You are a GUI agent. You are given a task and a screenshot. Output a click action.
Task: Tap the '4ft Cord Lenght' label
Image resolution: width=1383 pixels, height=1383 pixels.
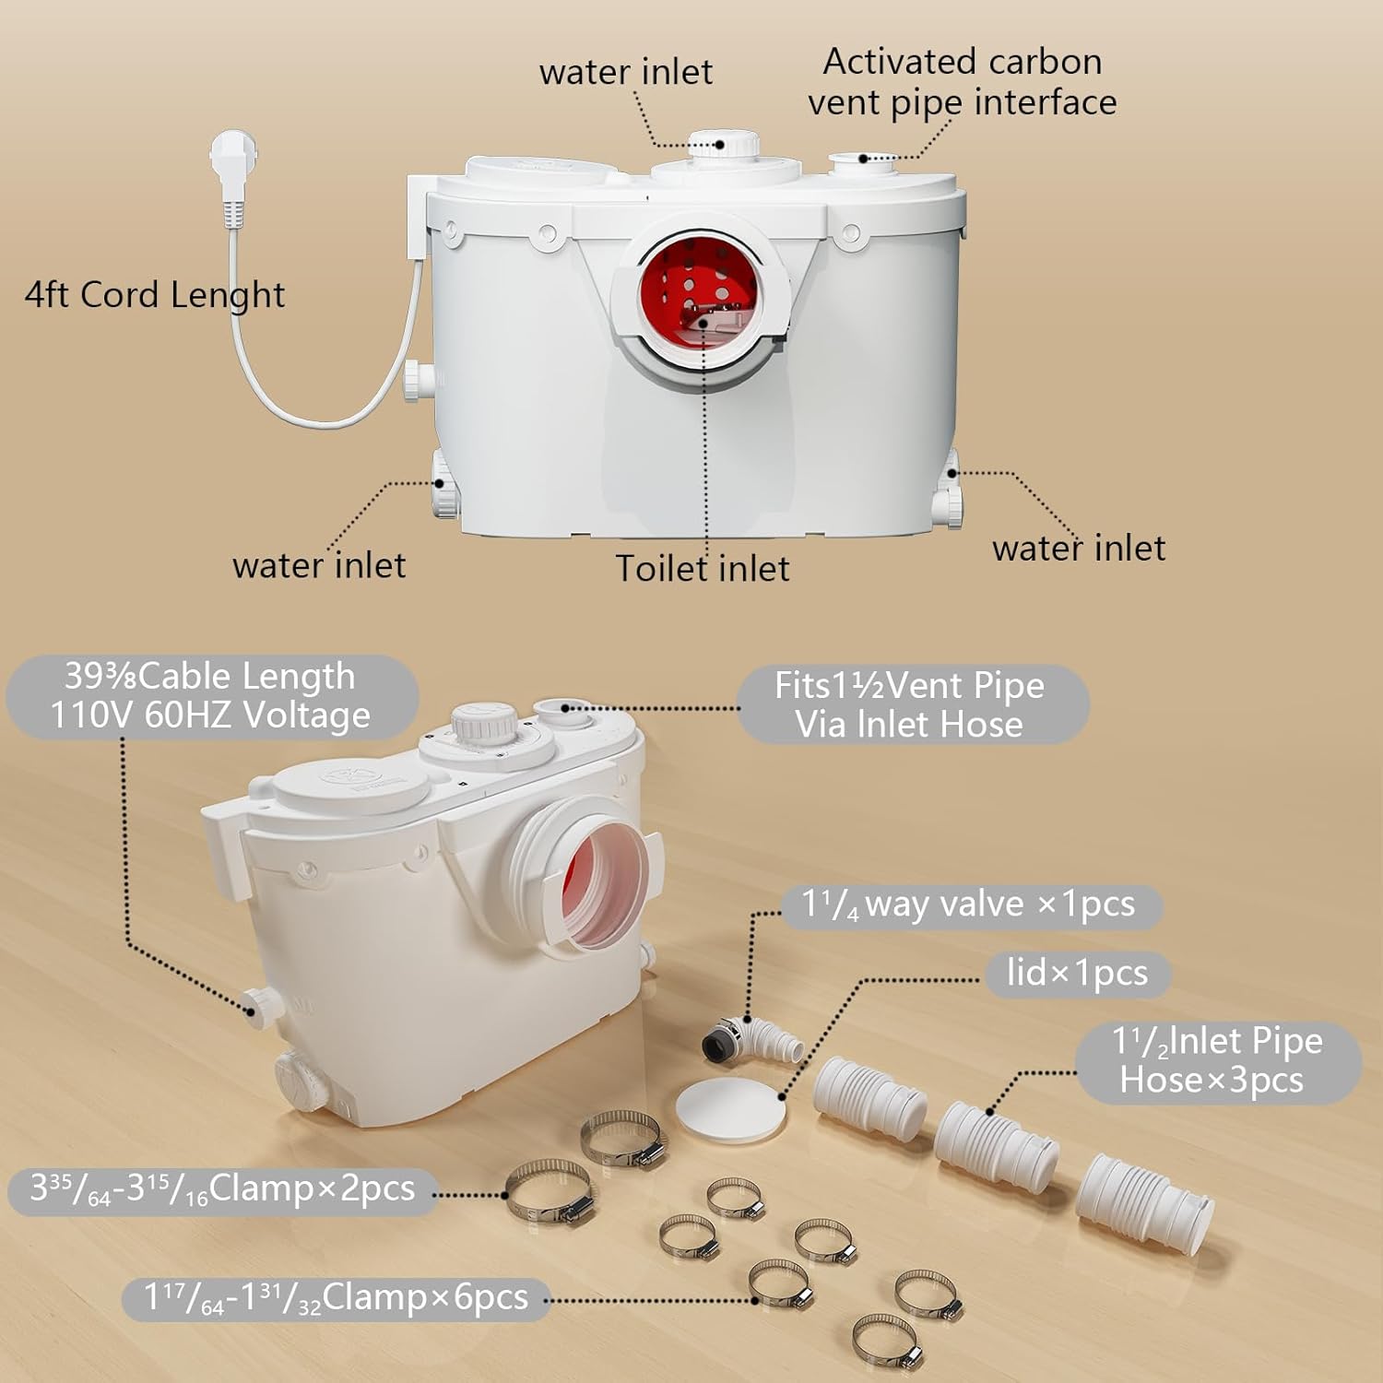(154, 295)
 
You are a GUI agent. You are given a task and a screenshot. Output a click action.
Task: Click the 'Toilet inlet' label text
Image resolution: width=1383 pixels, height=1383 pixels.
(702, 568)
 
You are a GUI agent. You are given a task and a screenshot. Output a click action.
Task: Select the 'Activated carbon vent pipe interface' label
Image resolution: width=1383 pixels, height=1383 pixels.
(961, 82)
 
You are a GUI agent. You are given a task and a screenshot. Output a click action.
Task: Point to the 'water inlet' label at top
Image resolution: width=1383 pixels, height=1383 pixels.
(625, 72)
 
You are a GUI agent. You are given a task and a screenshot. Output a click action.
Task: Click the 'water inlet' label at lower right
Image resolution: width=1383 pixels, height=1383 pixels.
(1078, 548)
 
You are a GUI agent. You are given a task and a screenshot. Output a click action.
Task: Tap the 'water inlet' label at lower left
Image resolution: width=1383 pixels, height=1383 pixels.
(319, 565)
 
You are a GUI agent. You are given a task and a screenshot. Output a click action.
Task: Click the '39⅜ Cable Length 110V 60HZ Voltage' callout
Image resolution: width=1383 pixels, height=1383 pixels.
(211, 696)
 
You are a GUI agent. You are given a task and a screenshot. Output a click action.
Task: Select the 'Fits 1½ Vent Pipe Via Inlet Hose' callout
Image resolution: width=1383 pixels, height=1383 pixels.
(911, 704)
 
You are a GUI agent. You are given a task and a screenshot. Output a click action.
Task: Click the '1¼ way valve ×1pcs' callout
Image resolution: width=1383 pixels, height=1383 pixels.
(968, 904)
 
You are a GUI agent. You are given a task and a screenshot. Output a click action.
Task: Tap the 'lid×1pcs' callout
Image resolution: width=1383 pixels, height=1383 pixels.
(1076, 973)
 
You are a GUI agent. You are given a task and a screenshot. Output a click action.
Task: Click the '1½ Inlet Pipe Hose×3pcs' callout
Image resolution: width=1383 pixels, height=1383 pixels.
(1216, 1060)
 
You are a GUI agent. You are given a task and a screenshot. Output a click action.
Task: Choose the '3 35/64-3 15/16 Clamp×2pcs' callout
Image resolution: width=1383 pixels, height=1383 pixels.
(221, 1189)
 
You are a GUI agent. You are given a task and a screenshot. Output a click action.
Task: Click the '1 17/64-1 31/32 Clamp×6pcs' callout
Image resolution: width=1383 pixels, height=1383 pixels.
(336, 1298)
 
